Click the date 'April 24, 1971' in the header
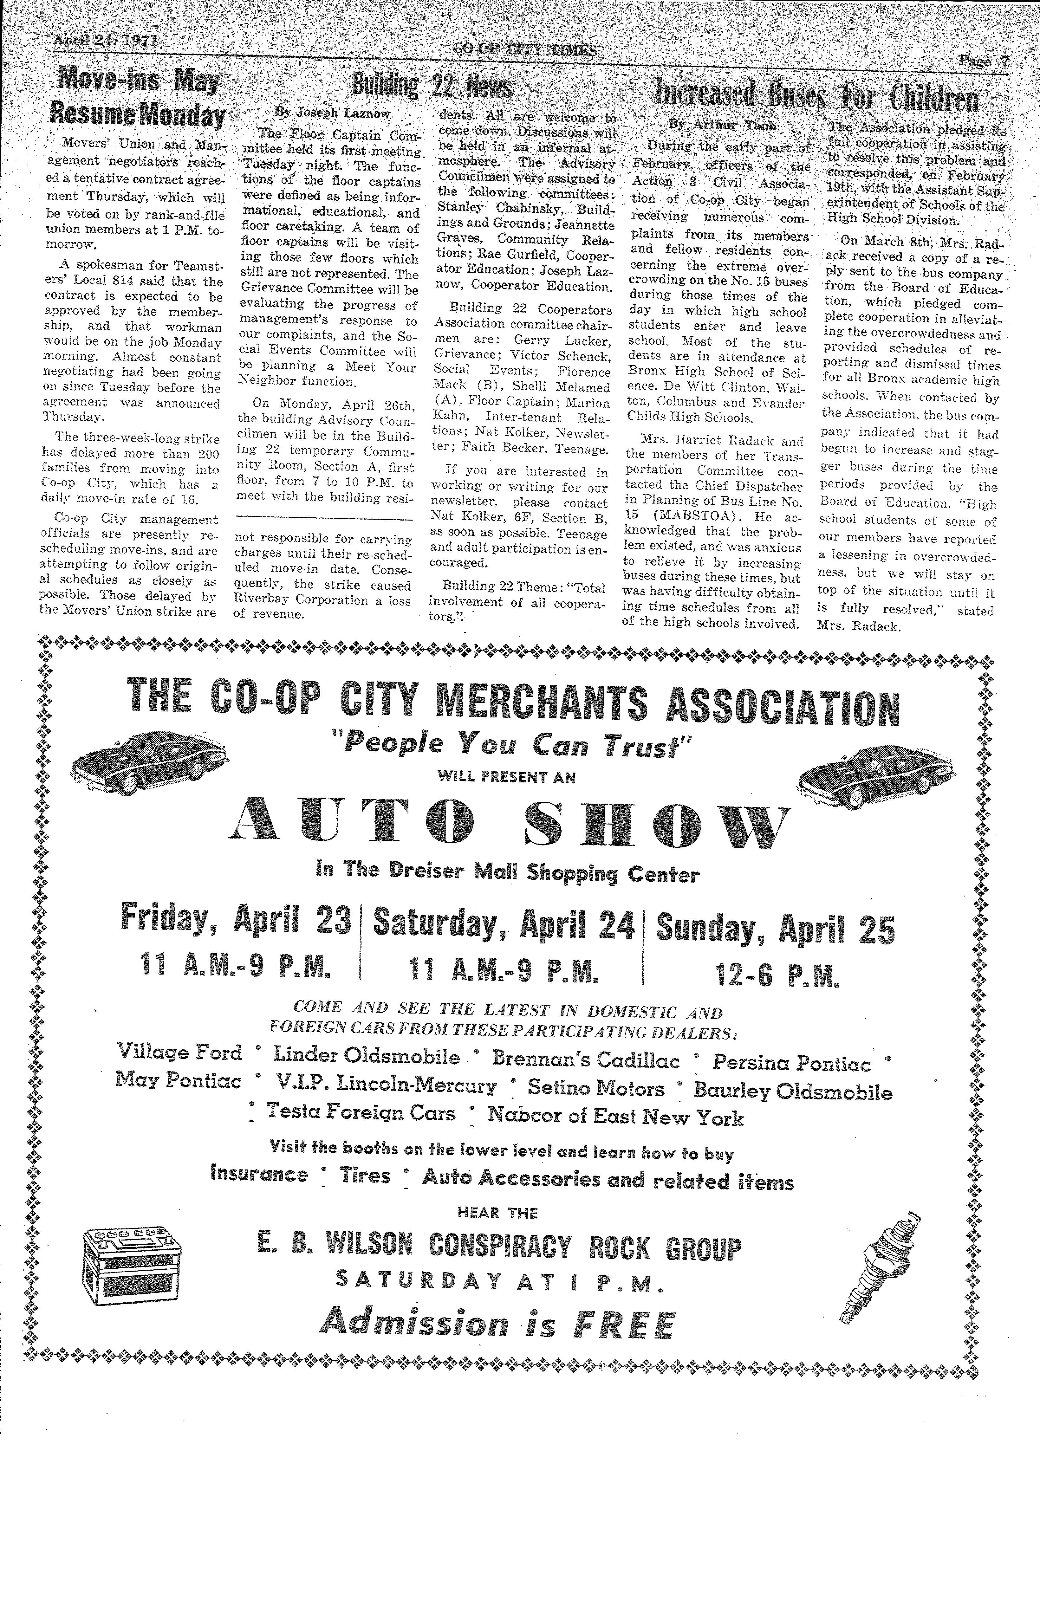(105, 41)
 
